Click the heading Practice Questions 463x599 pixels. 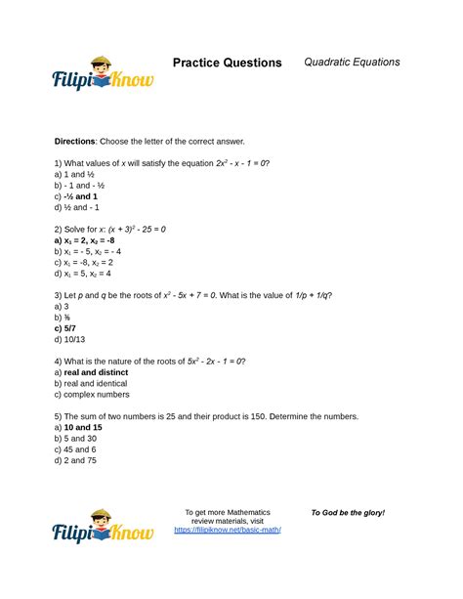point(227,63)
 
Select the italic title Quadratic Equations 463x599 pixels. point(352,62)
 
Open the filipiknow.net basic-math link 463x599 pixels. point(228,531)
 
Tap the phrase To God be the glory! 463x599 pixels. point(348,513)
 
